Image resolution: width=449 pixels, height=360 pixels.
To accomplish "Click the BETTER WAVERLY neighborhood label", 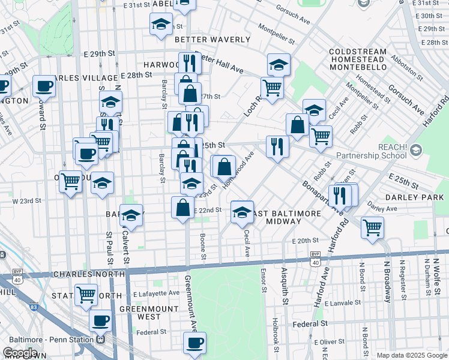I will [212, 40].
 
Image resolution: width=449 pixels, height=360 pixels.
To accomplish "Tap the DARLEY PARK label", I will [427, 197].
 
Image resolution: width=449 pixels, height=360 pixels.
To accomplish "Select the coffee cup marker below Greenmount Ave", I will [194, 343].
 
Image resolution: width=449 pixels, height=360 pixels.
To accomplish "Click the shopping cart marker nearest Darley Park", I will [372, 227].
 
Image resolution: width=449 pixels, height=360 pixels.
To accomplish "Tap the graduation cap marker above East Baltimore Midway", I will [242, 212].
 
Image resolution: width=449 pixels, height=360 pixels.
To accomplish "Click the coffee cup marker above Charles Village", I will [44, 86].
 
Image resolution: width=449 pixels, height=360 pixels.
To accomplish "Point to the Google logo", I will [20, 353].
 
